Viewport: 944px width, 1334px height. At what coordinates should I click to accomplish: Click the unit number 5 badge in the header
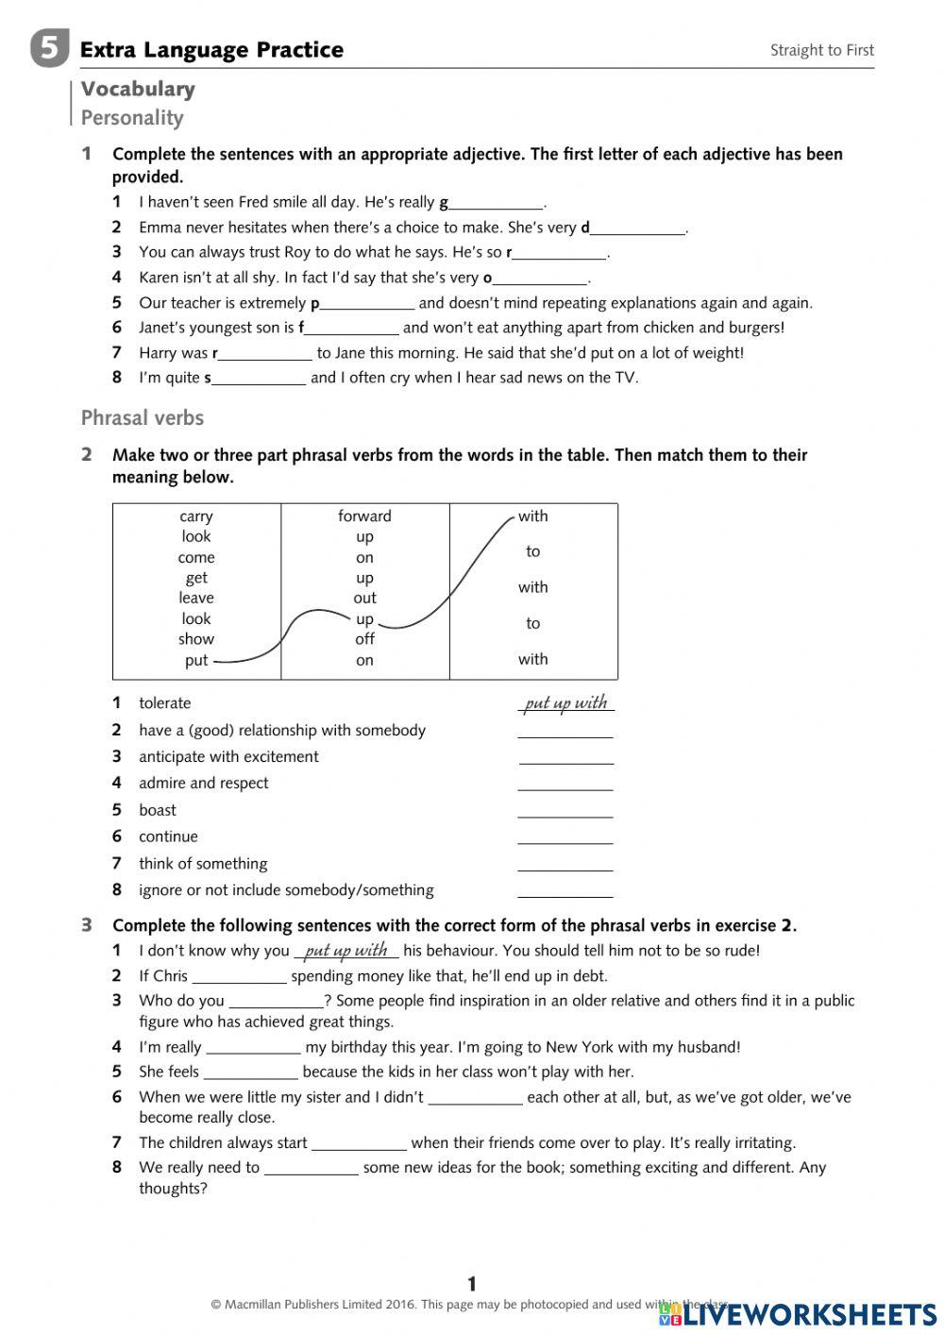49,48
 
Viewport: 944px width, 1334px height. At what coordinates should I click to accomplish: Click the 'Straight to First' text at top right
821,50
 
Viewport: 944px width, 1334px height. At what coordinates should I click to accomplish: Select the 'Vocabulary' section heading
138,89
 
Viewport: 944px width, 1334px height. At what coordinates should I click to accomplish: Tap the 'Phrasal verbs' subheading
142,417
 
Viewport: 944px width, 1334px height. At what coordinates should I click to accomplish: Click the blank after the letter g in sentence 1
497,203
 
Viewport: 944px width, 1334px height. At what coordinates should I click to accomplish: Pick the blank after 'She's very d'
638,228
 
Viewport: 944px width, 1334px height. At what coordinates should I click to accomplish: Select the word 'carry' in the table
196,516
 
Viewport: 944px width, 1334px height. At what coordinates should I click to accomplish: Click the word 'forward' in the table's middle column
364,516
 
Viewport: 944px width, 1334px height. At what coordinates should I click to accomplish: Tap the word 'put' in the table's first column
196,660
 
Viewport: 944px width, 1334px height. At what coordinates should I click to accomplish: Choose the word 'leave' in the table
196,598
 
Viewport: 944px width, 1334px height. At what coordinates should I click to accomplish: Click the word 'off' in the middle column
364,639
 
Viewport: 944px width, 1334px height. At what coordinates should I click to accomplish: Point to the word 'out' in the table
364,598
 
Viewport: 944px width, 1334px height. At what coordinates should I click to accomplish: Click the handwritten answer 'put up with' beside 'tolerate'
565,702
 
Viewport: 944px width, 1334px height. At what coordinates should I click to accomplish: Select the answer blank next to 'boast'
565,811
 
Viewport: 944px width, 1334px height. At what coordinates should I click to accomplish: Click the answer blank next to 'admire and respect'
565,784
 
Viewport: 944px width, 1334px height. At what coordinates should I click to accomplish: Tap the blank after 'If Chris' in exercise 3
239,977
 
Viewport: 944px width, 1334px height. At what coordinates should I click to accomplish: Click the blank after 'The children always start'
359,1143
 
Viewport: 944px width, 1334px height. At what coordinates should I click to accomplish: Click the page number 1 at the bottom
472,1283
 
